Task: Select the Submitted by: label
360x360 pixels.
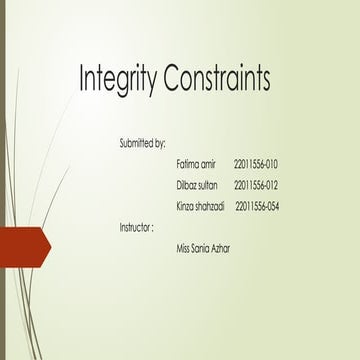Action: tap(143, 144)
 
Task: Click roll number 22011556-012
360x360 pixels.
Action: tap(255, 186)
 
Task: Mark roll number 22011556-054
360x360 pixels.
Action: tap(257, 207)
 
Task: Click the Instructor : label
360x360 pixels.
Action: tap(136, 228)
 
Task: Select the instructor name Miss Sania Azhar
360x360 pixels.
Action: tap(202, 249)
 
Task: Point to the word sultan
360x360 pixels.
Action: tap(207, 186)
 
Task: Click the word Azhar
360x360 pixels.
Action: tap(219, 249)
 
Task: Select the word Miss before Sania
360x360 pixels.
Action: tap(181, 249)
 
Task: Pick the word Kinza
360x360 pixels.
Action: tap(184, 207)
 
